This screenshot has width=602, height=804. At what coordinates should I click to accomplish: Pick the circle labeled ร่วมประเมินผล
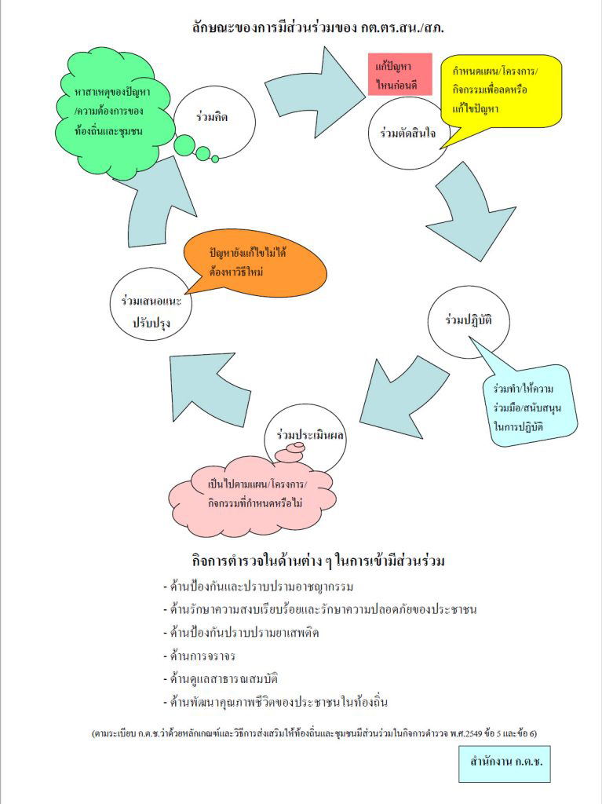click(305, 433)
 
